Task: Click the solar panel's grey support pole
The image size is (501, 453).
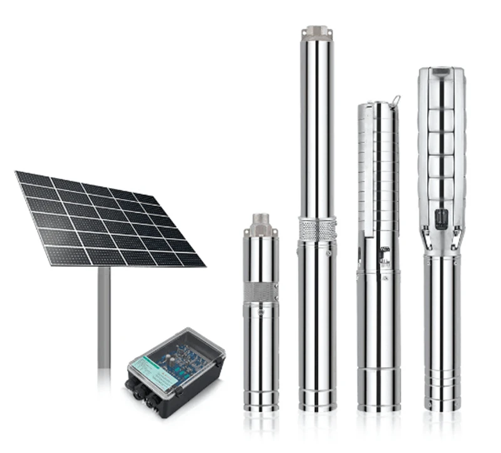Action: (104, 313)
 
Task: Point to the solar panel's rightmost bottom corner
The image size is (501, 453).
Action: (204, 264)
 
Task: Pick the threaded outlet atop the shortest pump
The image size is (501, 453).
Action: (261, 221)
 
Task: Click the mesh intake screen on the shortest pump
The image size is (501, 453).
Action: (261, 290)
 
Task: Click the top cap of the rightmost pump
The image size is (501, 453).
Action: (442, 73)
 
